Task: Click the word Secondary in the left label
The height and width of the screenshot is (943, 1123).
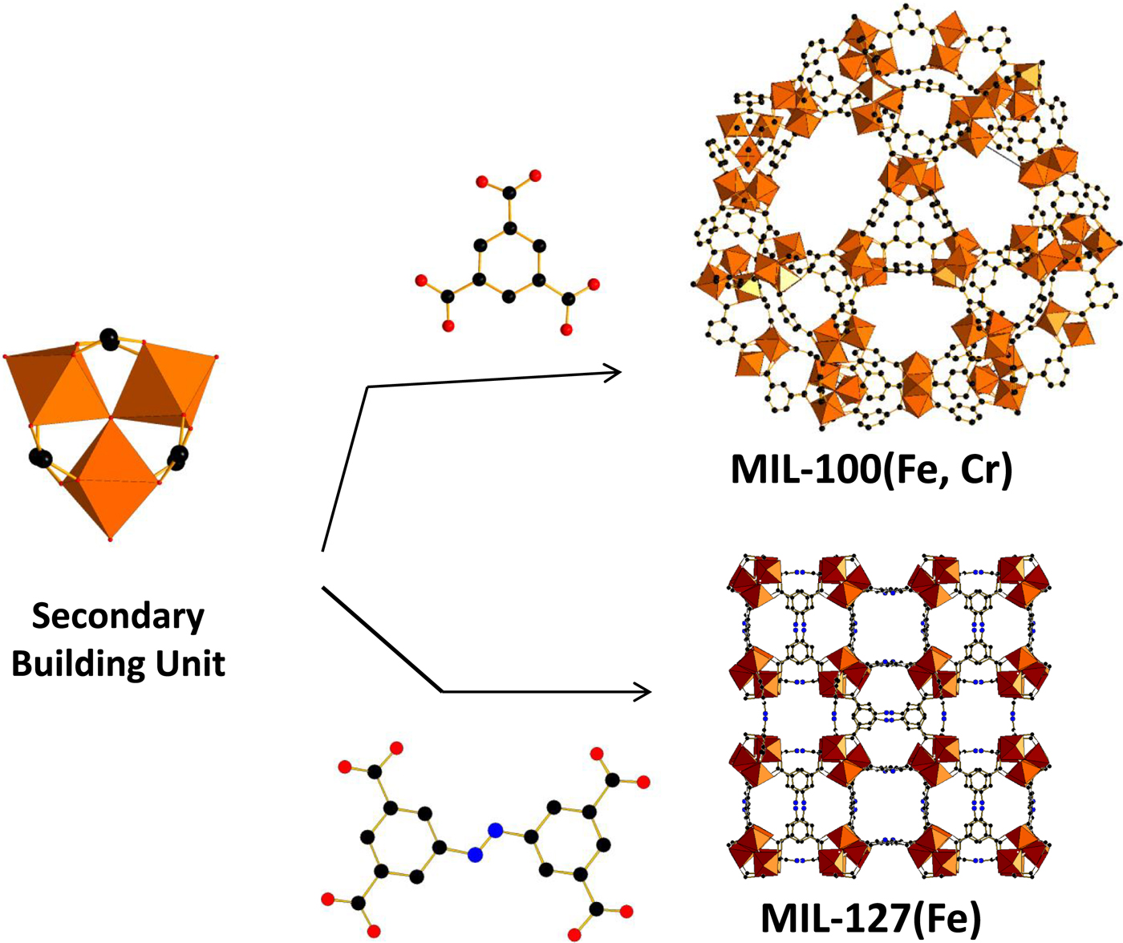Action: (118, 617)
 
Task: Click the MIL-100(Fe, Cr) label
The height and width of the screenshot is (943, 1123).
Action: (872, 468)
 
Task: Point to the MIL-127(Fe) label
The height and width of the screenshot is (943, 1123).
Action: (870, 918)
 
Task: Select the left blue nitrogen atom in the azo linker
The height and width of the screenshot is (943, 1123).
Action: (476, 855)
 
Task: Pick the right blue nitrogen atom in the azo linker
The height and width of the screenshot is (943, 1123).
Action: (496, 831)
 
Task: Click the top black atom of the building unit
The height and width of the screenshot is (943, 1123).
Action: (109, 338)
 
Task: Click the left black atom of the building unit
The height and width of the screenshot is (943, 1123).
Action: (40, 458)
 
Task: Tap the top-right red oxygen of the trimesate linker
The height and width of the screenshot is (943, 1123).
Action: (535, 176)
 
